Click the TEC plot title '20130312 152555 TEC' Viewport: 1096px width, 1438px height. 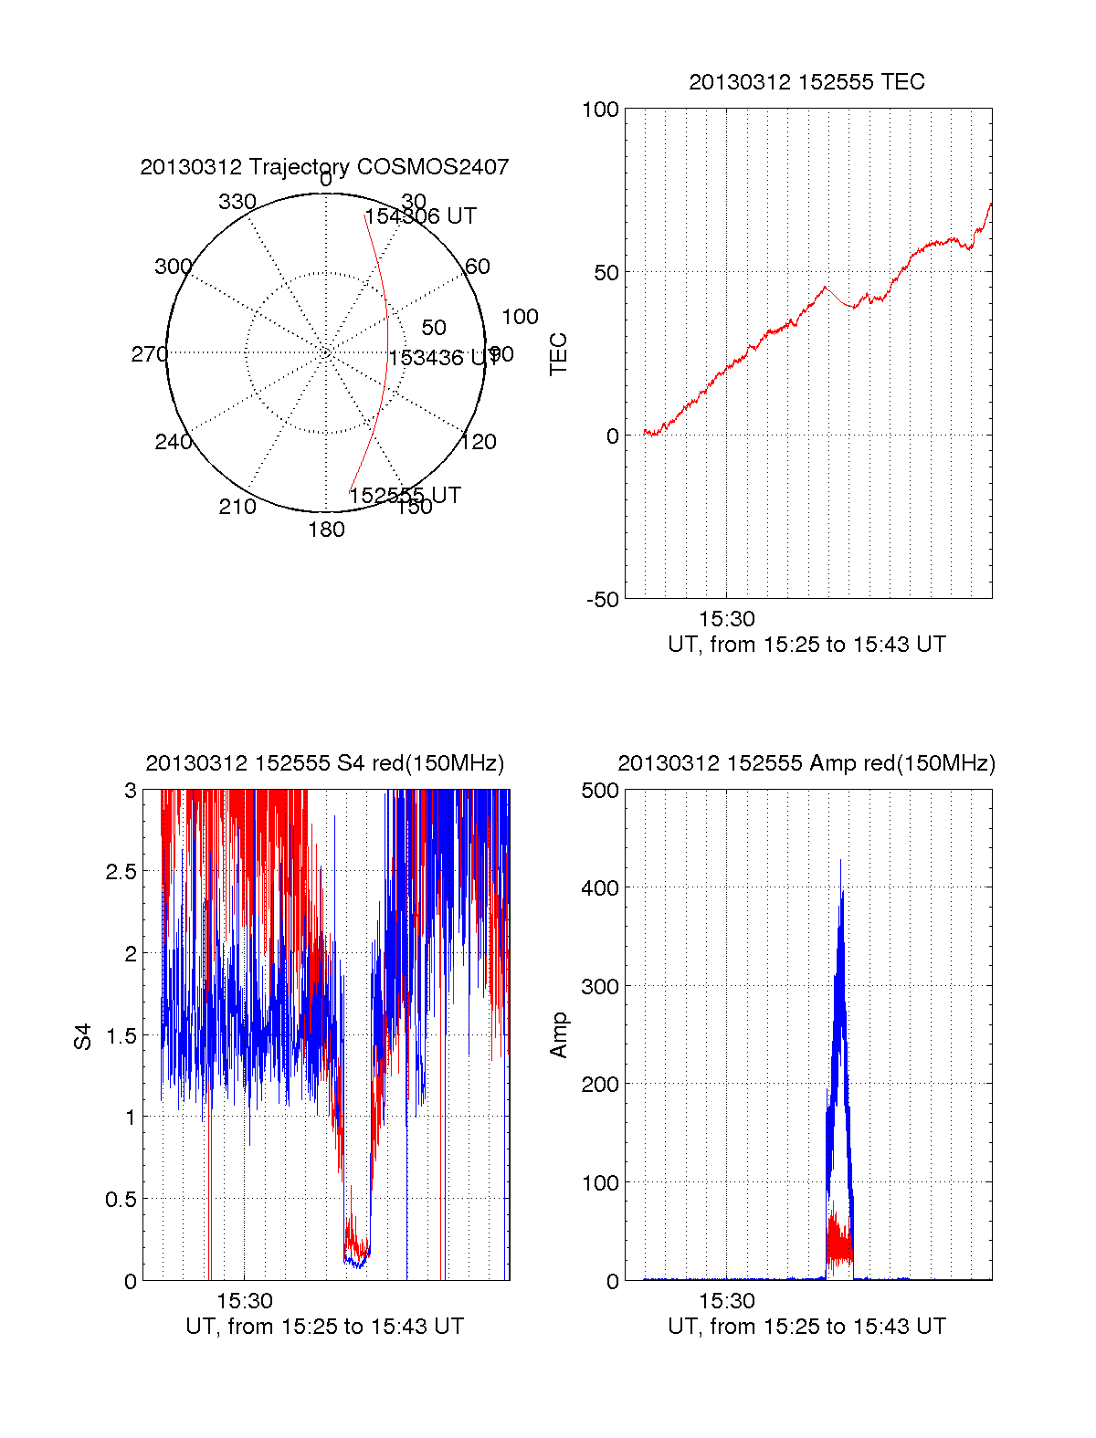pyautogui.click(x=806, y=82)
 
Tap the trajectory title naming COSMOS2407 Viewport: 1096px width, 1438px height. pyautogui.click(x=324, y=167)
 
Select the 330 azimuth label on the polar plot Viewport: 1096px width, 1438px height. pyautogui.click(x=237, y=202)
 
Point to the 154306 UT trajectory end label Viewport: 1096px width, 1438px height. pyautogui.click(x=420, y=216)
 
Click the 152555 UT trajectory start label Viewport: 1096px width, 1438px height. pyautogui.click(x=405, y=495)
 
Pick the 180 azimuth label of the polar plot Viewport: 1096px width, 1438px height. pyautogui.click(x=326, y=530)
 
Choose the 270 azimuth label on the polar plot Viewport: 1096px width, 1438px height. pyautogui.click(x=149, y=354)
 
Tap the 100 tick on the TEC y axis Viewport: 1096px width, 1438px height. pyautogui.click(x=600, y=110)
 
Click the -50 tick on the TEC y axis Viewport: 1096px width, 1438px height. pyautogui.click(x=603, y=600)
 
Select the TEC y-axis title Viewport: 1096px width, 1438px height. pyautogui.click(x=558, y=354)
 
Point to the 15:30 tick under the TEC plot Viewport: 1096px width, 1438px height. pyautogui.click(x=727, y=619)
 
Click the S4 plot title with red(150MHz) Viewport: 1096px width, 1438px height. pyautogui.click(x=324, y=763)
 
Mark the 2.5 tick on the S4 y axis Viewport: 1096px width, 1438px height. pyautogui.click(x=121, y=872)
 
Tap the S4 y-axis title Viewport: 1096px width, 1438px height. pyautogui.click(x=83, y=1036)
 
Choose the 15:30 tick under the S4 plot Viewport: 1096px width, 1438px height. pyautogui.click(x=245, y=1301)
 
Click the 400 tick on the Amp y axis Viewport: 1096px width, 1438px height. pyautogui.click(x=600, y=887)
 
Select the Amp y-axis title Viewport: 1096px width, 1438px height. pyautogui.click(x=558, y=1035)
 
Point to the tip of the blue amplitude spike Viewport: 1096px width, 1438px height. pyautogui.click(x=840, y=860)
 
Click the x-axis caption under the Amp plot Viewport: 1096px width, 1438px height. pyautogui.click(x=806, y=1327)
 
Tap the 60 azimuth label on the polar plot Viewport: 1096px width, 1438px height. pyautogui.click(x=478, y=267)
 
